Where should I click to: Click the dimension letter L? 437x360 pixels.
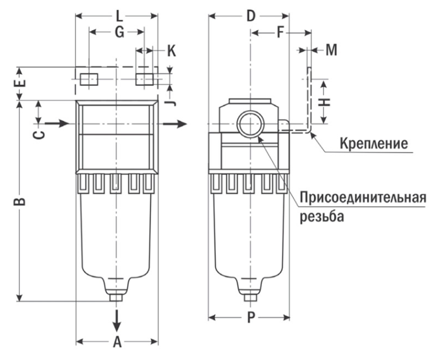(x=119, y=17)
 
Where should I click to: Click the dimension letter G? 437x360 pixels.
(x=119, y=33)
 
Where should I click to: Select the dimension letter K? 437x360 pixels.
(x=171, y=51)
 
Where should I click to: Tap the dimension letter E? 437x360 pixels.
(x=21, y=84)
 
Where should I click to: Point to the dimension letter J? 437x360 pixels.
(x=172, y=100)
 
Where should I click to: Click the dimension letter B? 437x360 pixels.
(x=20, y=201)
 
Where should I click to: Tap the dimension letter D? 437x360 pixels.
(x=251, y=17)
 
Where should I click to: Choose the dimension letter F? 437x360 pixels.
(x=280, y=33)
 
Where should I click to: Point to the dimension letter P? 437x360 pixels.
(x=251, y=318)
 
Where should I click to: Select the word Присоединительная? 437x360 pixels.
(x=363, y=197)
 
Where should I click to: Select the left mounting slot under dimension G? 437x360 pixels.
(x=88, y=80)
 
